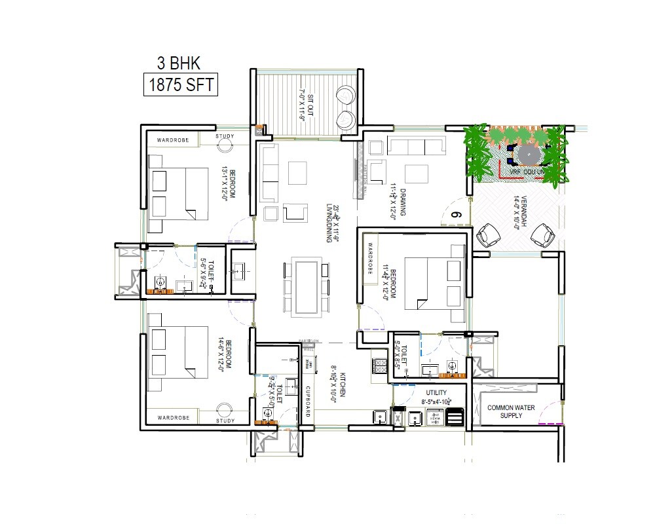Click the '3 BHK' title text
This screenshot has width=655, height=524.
coord(178,64)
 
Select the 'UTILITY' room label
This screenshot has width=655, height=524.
coord(436,393)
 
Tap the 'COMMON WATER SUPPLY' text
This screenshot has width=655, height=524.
coord(511,411)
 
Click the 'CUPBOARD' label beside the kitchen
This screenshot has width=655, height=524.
coord(307,402)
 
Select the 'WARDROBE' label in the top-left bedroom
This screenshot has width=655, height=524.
coord(173,140)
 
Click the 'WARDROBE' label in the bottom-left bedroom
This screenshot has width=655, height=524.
coord(173,417)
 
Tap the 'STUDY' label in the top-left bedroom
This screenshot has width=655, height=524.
coord(225,137)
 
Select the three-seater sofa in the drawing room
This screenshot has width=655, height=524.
coord(415,146)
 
